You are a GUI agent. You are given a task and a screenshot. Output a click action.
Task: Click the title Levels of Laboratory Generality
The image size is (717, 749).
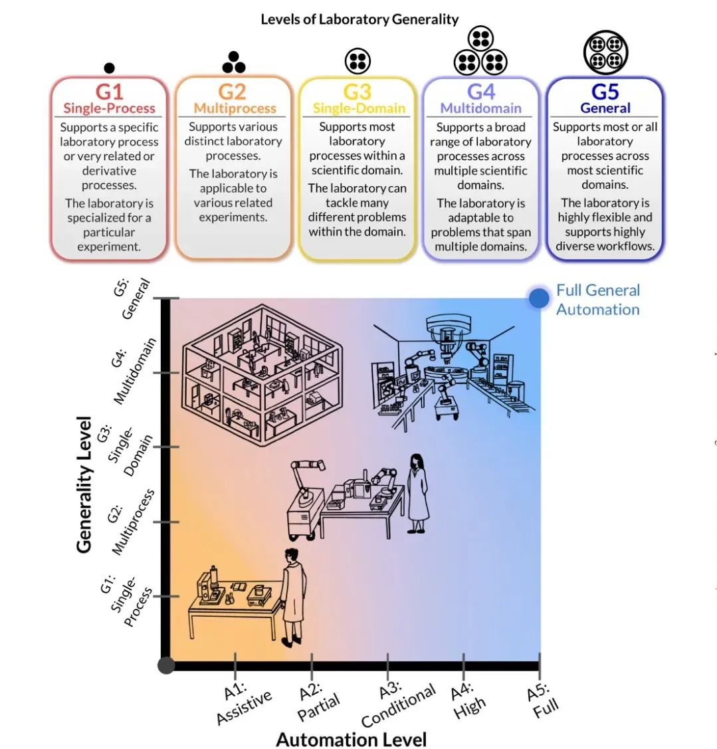click(359, 19)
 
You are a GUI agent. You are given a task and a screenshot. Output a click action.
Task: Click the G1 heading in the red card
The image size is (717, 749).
click(109, 92)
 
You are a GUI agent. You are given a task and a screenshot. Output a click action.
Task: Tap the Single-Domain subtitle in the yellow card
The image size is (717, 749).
click(358, 108)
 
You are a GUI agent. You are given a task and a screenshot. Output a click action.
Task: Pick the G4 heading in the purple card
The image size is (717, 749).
click(480, 92)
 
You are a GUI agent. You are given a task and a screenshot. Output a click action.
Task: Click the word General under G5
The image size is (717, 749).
click(605, 108)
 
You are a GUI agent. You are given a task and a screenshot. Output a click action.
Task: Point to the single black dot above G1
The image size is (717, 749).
click(110, 68)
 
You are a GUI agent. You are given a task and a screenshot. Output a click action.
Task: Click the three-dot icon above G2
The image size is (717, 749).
click(233, 62)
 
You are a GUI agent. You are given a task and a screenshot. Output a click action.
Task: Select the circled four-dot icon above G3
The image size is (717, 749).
click(358, 61)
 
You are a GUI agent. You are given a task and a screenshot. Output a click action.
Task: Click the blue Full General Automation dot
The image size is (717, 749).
click(538, 298)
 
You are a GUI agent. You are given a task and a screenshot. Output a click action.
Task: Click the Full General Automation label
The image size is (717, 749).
click(597, 300)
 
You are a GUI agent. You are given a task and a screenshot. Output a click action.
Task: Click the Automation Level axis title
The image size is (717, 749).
click(351, 739)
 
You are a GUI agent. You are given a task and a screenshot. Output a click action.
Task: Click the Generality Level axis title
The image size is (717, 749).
click(84, 484)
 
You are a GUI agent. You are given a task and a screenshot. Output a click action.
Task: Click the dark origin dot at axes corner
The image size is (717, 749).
click(166, 665)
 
